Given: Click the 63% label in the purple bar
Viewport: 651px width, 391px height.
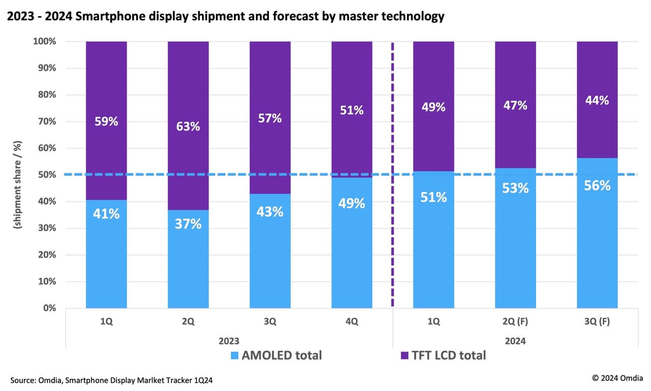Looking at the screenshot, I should click(x=188, y=126).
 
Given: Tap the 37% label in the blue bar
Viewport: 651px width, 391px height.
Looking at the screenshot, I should click(x=188, y=224).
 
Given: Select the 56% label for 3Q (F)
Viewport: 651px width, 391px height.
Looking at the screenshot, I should click(x=597, y=186).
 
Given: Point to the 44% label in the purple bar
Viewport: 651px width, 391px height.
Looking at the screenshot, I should click(x=597, y=100).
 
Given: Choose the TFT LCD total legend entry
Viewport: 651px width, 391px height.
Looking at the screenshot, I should click(x=443, y=355).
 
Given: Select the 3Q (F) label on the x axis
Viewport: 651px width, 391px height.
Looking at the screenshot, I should click(x=597, y=322).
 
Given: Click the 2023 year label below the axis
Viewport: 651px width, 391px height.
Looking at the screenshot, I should click(x=229, y=340).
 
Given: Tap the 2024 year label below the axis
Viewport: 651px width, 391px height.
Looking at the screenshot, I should click(x=515, y=340).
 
